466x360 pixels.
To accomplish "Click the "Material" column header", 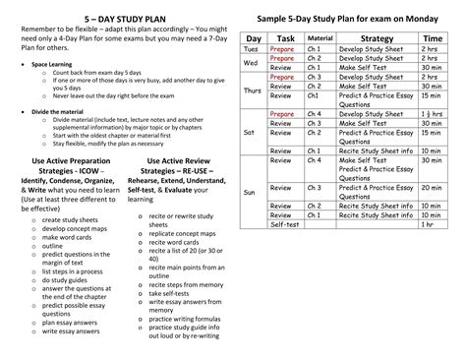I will coord(320,37).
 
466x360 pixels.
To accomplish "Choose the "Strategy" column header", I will coord(378,37).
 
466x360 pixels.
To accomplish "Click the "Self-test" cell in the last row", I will coord(284,224).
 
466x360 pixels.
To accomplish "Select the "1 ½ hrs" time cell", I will coord(430,114).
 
